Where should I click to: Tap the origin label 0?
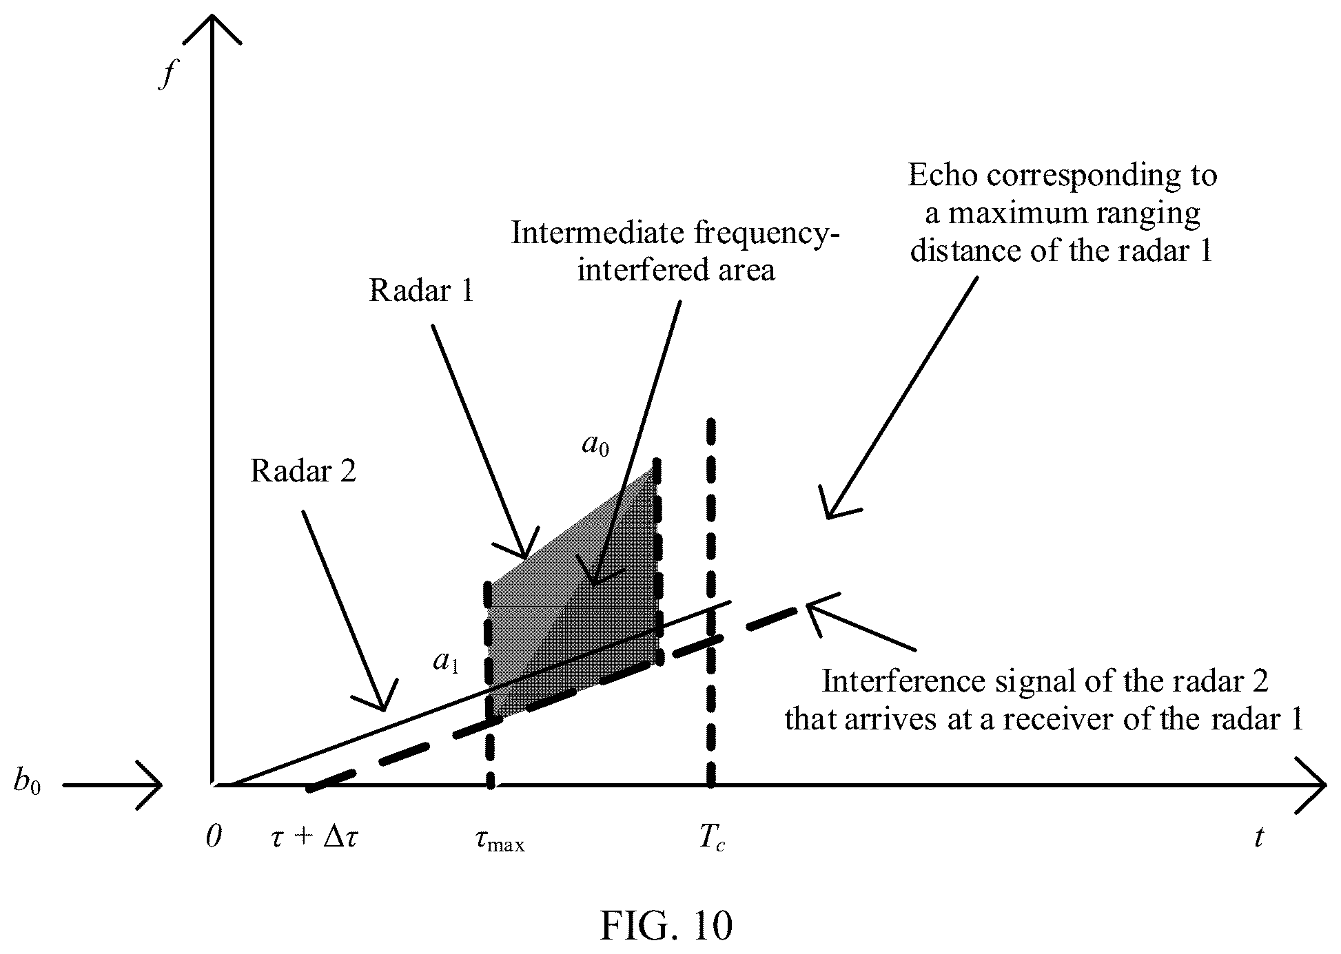tap(214, 837)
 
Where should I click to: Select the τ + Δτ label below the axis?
tap(314, 838)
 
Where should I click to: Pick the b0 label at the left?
tap(27, 785)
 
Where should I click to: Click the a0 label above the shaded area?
tap(595, 445)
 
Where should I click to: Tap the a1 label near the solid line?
tap(446, 662)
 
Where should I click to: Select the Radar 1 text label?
tap(422, 290)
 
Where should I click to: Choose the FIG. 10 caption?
tap(666, 925)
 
